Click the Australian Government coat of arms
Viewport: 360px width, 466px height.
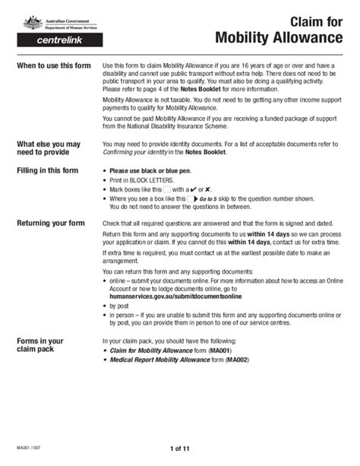click(31, 21)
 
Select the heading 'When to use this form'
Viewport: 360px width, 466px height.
click(53, 65)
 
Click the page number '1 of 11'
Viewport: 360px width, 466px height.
click(180, 450)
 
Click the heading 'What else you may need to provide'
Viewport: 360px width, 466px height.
click(49, 148)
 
